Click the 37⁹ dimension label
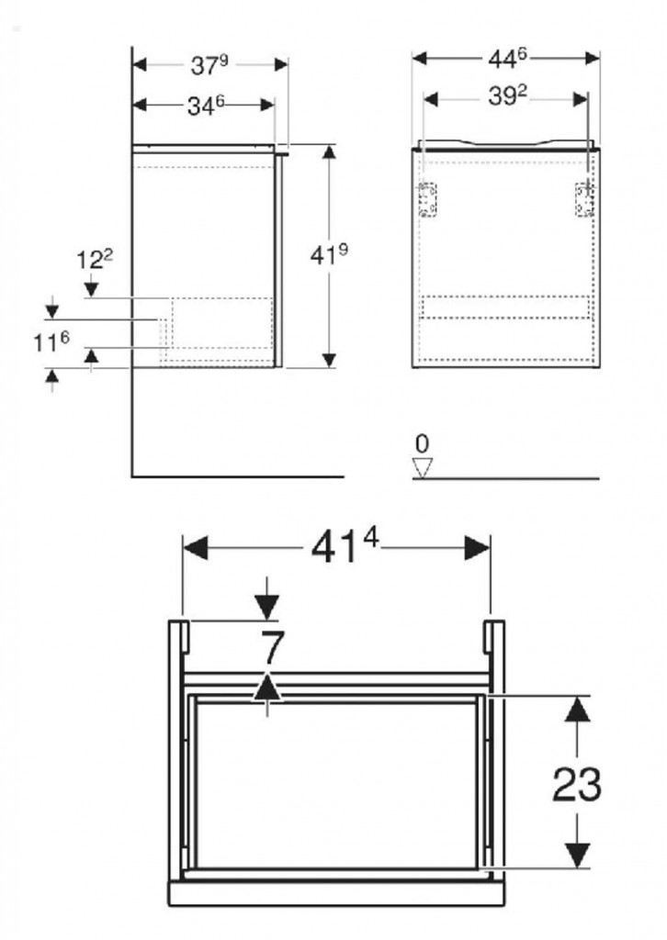click(209, 65)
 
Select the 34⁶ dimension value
click(206, 106)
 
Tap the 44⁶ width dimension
click(507, 58)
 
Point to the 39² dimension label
click(507, 95)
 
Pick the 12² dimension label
click(95, 260)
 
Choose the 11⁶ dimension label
click(51, 342)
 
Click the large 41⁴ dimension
click(345, 547)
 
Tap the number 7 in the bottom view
click(272, 649)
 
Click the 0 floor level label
click(423, 444)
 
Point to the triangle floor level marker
click(423, 468)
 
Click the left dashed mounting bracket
click(427, 199)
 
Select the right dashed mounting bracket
click(585, 199)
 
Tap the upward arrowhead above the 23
click(577, 710)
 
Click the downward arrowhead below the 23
click(577, 855)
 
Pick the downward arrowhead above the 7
click(267, 608)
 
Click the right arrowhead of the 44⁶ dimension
click(592, 58)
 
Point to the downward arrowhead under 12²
click(91, 289)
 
